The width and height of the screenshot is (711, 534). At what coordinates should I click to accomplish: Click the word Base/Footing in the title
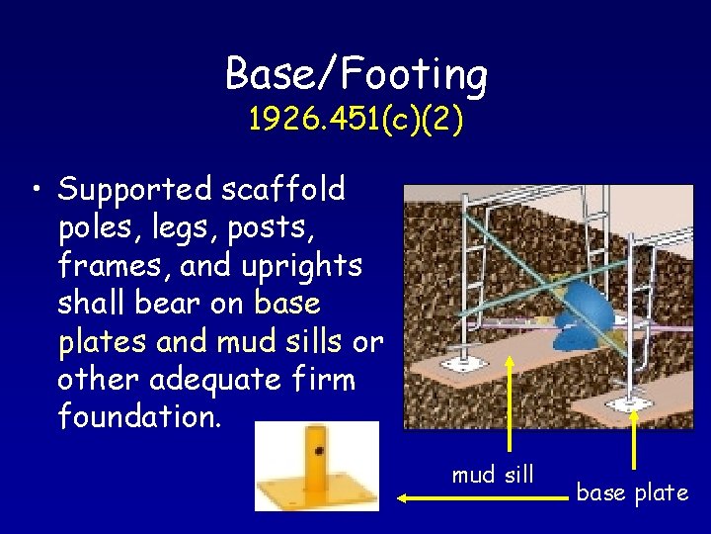tap(355, 74)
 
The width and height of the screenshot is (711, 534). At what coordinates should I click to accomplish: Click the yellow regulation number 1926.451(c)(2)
tap(355, 120)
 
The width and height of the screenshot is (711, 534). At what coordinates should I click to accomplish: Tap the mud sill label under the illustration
tap(492, 476)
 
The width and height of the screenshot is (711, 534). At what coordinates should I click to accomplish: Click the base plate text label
tap(632, 492)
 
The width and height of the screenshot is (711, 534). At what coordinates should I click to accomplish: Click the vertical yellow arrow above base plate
tap(633, 435)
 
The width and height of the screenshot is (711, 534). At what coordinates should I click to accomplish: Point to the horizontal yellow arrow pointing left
tap(484, 499)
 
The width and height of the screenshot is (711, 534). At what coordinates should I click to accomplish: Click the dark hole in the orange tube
tap(319, 450)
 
